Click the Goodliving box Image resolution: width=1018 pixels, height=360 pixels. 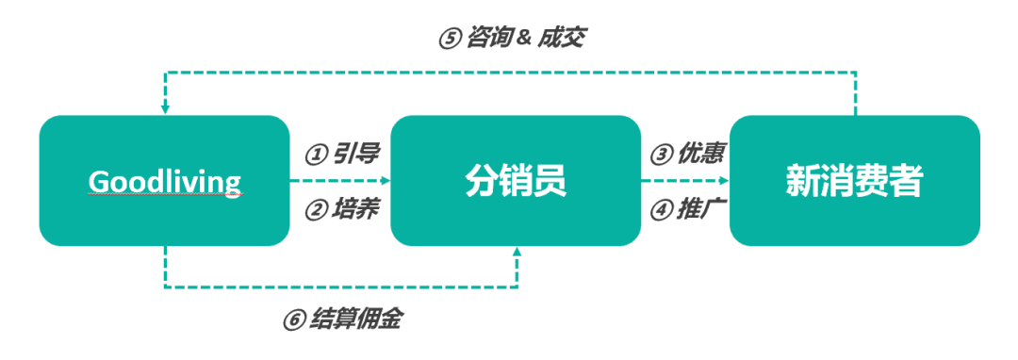pos(164,181)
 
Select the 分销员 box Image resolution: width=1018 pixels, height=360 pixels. pos(516,181)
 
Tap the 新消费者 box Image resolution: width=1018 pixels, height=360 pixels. pos(855,181)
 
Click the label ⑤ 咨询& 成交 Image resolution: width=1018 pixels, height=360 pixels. pos(514,38)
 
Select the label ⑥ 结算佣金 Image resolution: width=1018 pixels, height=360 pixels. pos(341,319)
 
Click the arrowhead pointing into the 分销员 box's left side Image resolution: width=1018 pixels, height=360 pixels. pos(385,180)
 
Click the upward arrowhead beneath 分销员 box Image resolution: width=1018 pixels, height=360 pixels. pos(517,253)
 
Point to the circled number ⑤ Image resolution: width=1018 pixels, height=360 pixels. pos(448,39)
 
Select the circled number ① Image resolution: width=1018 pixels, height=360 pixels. pos(314,154)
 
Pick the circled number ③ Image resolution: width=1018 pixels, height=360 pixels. pos(661,154)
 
